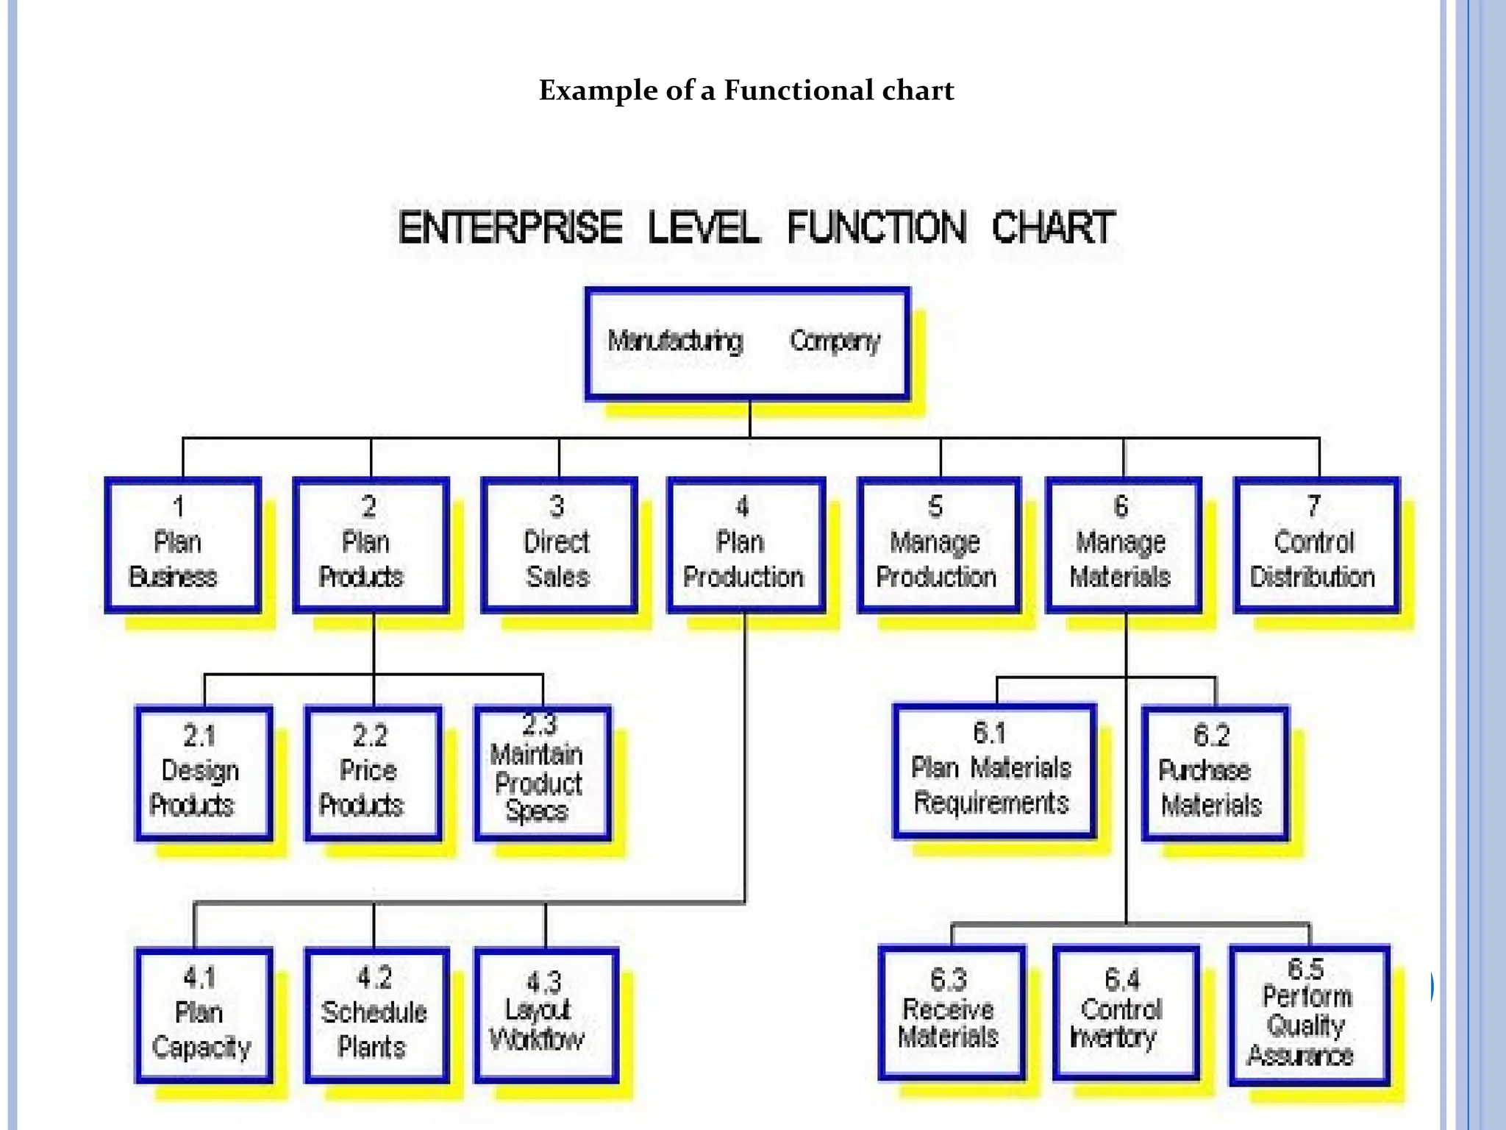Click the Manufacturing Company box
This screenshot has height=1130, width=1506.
click(x=747, y=343)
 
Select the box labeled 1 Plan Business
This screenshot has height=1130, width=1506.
click(x=182, y=544)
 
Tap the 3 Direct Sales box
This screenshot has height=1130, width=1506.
click(x=559, y=544)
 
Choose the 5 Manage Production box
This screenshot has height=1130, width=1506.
click(x=938, y=544)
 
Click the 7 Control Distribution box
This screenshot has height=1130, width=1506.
click(x=1316, y=544)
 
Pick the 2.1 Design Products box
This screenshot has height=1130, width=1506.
click(x=204, y=772)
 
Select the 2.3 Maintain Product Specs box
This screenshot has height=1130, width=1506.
click(x=543, y=772)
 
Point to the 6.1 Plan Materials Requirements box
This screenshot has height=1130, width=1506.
click(x=994, y=771)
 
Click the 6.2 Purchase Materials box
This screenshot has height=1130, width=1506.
click(x=1215, y=772)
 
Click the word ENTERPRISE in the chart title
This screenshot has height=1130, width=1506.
click(x=510, y=227)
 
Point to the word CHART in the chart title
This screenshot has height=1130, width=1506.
click(x=1053, y=227)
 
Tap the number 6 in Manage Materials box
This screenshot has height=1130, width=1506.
click(x=1121, y=506)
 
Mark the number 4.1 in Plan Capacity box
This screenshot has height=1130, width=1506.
click(x=200, y=978)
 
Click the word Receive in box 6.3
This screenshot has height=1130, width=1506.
click(x=948, y=1009)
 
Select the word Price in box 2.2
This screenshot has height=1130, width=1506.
click(x=368, y=770)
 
